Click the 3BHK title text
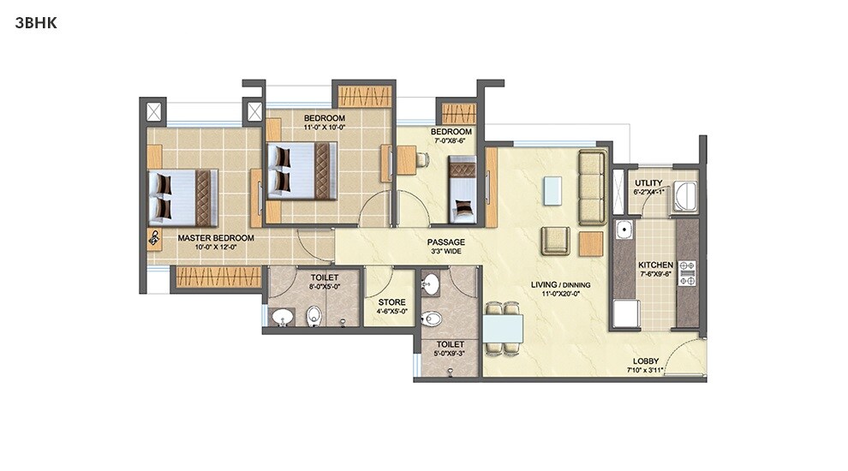(36, 23)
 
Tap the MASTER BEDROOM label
(216, 237)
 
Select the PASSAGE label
(446, 242)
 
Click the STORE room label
(391, 301)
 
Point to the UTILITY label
(648, 182)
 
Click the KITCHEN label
(655, 265)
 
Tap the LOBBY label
(645, 361)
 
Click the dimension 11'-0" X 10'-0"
(324, 128)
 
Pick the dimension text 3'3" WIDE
(446, 253)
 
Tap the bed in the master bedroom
(182, 197)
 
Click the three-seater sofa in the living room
(592, 187)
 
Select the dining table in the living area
(502, 328)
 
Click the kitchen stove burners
(687, 272)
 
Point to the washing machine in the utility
(685, 196)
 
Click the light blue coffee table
(552, 189)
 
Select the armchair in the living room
(555, 241)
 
